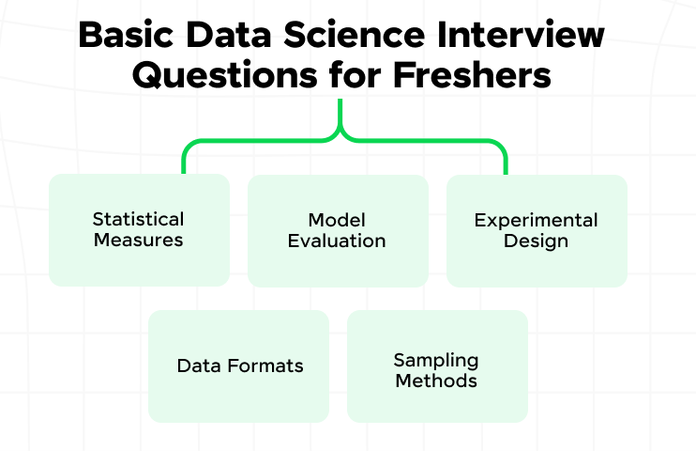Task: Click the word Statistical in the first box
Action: pos(138,219)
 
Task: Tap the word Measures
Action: pos(138,240)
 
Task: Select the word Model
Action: pos(337,219)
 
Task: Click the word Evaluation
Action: pos(337,240)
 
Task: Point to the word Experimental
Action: pos(536,220)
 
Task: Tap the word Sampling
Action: pos(436,361)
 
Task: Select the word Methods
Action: pos(436,381)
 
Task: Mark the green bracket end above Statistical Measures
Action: pos(185,170)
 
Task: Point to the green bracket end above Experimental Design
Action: pos(505,170)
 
